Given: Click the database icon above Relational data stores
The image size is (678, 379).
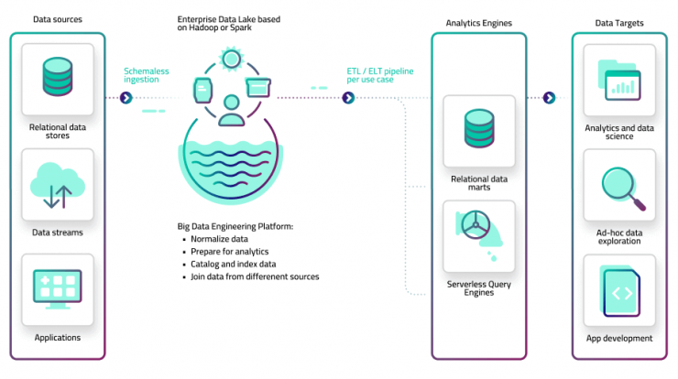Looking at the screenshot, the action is click(58, 77).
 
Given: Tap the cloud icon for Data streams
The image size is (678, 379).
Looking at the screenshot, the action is click(58, 186).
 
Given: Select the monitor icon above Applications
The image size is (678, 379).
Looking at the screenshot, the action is click(58, 289).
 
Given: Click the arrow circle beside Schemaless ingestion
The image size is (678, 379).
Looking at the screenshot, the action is click(126, 98).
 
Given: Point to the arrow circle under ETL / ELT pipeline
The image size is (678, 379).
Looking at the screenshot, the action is click(348, 98).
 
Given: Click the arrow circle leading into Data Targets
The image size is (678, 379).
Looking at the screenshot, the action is click(549, 98).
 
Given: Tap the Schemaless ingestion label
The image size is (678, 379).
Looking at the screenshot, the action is click(147, 75).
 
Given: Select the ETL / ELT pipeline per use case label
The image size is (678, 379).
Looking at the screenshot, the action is click(379, 75).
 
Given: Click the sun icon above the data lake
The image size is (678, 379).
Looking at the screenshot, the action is click(231, 59).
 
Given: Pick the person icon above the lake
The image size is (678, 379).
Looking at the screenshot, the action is click(231, 111).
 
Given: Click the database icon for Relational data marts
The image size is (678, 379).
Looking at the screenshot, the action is click(479, 128).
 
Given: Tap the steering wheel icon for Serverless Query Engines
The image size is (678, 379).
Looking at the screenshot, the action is click(476, 225).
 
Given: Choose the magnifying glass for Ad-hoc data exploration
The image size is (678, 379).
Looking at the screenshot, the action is click(624, 189).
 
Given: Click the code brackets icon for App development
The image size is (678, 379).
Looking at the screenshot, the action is click(621, 293).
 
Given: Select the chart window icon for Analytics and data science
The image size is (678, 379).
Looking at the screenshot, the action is click(619, 81).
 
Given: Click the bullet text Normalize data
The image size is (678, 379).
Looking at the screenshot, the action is click(219, 239).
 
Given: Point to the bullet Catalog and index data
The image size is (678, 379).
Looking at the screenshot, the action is click(233, 264).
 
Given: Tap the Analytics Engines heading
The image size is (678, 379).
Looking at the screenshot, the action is click(478, 23).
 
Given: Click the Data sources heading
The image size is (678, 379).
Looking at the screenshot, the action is click(58, 19).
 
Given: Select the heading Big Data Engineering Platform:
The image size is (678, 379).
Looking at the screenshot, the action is click(235, 226).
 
